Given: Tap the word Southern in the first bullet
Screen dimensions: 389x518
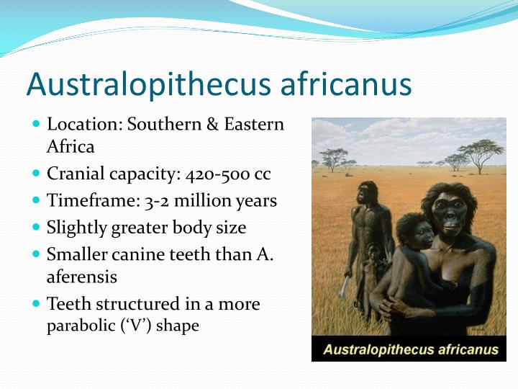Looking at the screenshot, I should pos(162,124).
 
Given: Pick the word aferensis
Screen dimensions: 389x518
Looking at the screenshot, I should pos(81,277).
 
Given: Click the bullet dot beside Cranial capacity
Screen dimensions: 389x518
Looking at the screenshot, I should pos(37,174).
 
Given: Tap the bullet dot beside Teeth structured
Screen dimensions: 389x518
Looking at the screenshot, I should pos(37,303).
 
